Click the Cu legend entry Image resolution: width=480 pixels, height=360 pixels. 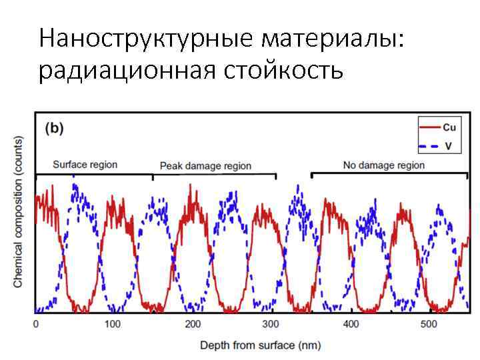point(449,126)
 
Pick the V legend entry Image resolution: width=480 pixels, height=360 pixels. point(447,145)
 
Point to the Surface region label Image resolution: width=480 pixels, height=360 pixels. point(84,164)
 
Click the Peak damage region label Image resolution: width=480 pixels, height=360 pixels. point(205,165)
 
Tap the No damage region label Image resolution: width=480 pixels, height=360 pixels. point(383,165)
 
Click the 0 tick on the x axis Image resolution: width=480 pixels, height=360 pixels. point(36,324)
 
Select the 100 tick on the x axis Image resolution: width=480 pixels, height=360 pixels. point(113,324)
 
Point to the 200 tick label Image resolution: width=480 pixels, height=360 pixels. point(192,324)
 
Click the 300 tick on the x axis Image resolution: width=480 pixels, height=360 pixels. point(271,324)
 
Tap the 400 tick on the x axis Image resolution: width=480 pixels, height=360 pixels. point(350,324)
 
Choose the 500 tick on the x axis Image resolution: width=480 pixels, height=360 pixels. point(429,324)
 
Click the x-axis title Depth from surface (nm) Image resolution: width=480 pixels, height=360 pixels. point(261,345)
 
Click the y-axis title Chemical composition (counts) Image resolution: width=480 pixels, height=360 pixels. point(18,212)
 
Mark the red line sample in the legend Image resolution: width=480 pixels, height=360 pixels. point(429,126)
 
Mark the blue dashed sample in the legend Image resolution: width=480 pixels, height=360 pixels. point(429,145)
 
